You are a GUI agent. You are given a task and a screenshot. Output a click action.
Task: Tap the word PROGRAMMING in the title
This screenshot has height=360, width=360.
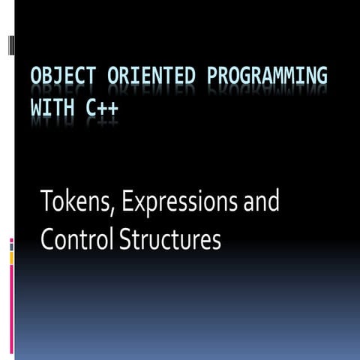pos(263,78)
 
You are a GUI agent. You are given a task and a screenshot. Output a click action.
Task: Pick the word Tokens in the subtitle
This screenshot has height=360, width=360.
pos(72,202)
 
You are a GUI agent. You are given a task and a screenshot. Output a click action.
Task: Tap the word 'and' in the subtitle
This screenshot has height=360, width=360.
pos(262,202)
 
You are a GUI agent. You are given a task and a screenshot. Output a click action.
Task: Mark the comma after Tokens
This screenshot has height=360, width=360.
pos(106,211)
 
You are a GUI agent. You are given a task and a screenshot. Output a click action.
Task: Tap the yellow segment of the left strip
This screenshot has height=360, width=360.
pos(11,257)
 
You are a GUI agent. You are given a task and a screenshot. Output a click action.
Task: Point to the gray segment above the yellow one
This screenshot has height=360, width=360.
pos(11,247)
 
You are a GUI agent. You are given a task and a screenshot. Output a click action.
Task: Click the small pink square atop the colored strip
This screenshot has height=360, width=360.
pos(11,240)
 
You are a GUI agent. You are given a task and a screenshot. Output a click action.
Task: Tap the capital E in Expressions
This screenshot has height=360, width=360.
pos(119,202)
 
